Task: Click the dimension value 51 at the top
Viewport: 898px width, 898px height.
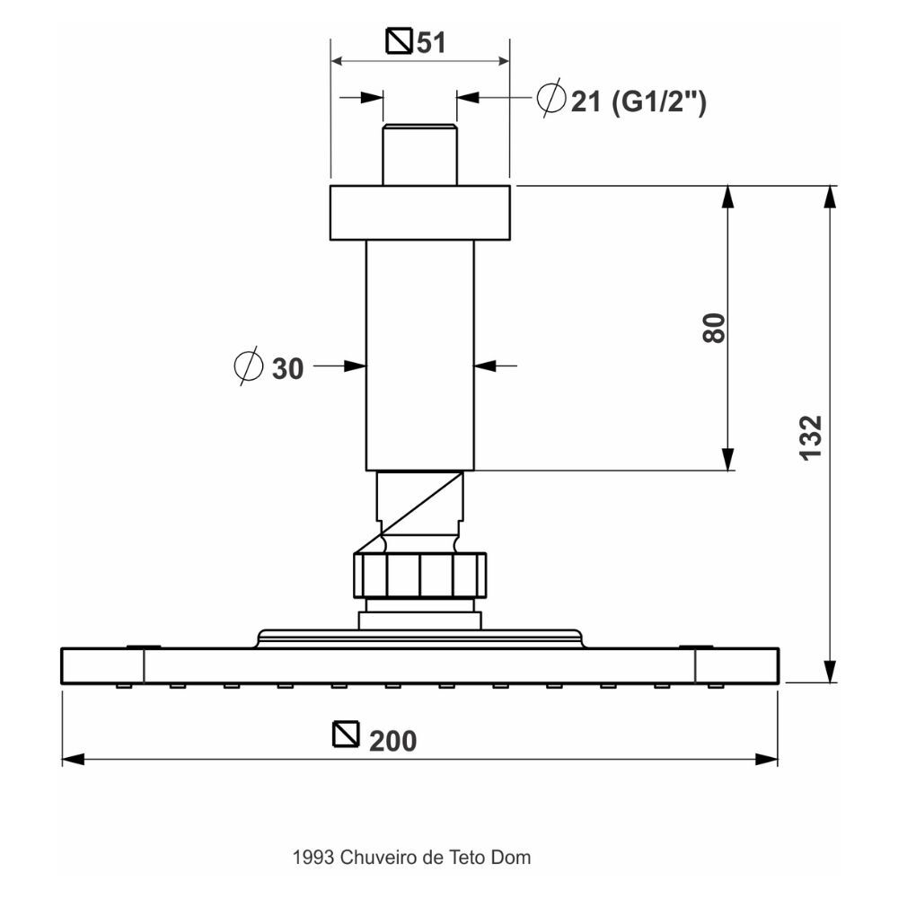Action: (x=431, y=43)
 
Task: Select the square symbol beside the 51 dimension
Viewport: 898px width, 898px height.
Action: (x=400, y=40)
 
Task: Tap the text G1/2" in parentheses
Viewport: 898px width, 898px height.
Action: (x=658, y=103)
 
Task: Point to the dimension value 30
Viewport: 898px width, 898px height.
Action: (x=287, y=369)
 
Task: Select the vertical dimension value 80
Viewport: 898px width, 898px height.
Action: (x=714, y=328)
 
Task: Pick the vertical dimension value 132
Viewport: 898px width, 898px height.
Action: (x=811, y=437)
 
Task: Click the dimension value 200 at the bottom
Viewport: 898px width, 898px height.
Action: (x=393, y=741)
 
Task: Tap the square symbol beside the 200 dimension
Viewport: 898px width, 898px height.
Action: (x=346, y=734)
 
